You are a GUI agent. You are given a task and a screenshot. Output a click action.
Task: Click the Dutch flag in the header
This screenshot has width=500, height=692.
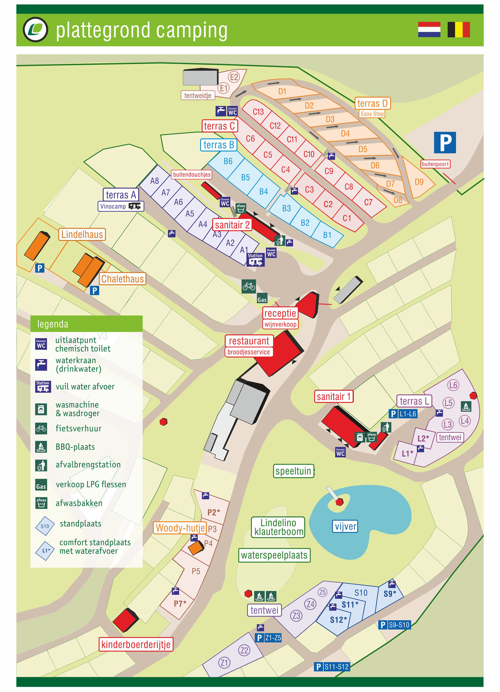[429, 30]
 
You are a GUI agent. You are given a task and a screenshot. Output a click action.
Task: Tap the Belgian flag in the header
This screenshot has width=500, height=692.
[459, 30]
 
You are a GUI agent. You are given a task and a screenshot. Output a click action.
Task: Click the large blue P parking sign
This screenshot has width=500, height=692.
[444, 143]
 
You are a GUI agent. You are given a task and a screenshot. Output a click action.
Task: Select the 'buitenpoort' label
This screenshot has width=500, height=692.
[435, 164]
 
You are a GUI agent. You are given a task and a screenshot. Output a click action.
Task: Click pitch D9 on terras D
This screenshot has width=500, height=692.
[419, 182]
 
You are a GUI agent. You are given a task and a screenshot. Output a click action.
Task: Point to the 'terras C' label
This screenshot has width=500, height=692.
[219, 126]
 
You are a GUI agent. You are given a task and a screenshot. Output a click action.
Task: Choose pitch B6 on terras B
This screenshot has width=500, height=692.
[228, 161]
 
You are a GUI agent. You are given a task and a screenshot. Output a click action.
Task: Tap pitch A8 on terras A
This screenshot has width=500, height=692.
[154, 181]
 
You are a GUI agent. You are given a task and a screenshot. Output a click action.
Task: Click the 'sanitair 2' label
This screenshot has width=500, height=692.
[232, 225]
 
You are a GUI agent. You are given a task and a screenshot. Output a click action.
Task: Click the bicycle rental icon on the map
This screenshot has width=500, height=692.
[249, 286]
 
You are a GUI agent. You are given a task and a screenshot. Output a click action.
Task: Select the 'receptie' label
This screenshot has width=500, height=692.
[280, 313]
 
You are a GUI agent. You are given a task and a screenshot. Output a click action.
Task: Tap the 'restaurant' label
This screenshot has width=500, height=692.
[249, 341]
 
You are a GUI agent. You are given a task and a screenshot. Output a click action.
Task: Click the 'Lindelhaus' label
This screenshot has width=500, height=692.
[82, 234]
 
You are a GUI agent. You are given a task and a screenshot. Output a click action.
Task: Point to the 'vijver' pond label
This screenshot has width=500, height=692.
[345, 526]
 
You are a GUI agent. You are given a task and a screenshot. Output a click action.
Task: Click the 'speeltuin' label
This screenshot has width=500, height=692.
[293, 471]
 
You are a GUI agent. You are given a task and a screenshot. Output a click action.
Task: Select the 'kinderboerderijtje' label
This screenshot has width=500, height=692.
[136, 644]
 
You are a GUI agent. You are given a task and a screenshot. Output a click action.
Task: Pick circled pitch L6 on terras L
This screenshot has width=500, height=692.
[453, 385]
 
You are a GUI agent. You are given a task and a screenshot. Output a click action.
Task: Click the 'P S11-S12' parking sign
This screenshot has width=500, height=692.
[332, 667]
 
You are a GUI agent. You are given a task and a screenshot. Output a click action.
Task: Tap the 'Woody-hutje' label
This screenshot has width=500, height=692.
[180, 528]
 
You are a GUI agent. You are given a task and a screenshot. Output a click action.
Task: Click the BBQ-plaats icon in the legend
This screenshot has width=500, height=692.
[41, 447]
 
